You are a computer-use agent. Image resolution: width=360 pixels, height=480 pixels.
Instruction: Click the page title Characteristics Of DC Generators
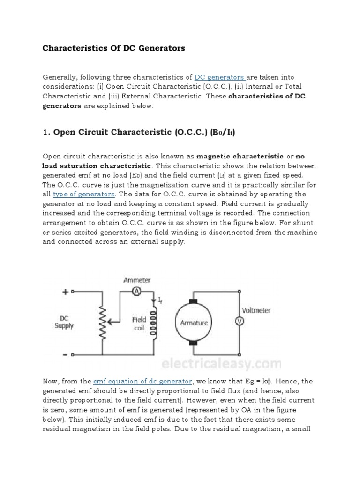tap(114, 48)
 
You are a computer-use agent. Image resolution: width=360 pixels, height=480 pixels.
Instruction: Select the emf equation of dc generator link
tap(143, 381)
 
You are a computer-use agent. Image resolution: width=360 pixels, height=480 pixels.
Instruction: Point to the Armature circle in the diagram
tap(194, 323)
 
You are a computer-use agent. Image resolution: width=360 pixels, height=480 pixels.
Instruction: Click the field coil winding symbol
tap(152, 323)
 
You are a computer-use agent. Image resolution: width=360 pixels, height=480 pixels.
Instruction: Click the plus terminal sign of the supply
tap(65, 291)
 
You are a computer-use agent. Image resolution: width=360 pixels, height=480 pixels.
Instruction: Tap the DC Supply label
tap(64, 322)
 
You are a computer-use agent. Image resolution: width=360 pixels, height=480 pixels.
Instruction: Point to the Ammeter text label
tap(137, 280)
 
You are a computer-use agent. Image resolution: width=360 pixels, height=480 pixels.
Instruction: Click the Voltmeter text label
tap(256, 310)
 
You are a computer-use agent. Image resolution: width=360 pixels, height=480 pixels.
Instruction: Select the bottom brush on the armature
tap(194, 345)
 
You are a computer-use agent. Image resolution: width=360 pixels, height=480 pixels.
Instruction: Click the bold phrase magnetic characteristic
tap(240, 156)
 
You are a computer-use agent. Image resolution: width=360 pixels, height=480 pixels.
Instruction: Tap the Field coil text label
tap(139, 323)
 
